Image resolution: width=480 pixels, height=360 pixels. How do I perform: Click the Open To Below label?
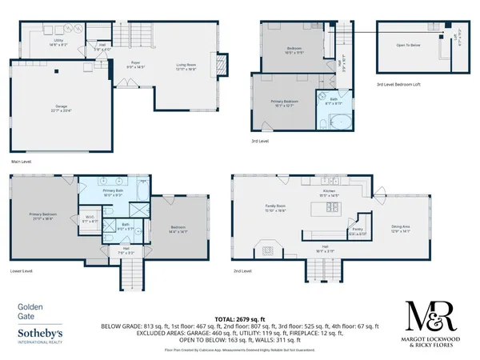click(408, 46)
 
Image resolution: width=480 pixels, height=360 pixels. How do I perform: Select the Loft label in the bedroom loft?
click(458, 37)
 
